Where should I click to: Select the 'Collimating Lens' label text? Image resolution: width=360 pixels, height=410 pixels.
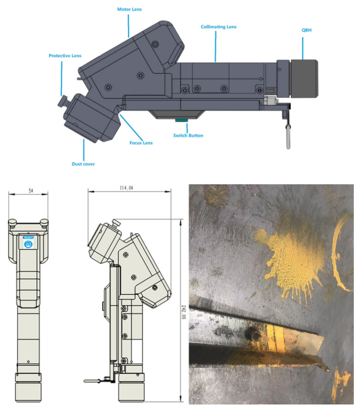pos(218,27)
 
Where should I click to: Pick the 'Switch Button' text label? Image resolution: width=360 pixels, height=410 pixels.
pos(188,135)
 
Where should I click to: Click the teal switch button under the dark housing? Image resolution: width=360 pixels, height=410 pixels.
pos(181,120)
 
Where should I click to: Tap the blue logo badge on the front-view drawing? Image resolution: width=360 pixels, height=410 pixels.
pos(28,243)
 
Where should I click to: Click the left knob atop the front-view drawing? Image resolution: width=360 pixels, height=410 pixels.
pos(13,222)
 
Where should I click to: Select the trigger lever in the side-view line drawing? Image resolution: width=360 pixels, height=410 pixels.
pos(93,380)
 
